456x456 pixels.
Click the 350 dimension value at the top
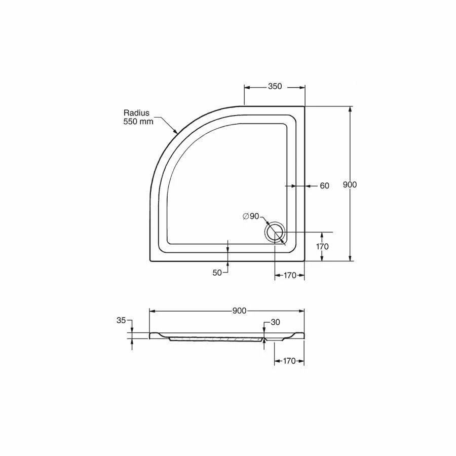click(x=274, y=87)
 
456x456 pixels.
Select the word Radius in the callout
click(x=136, y=113)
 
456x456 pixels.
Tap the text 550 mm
click(x=138, y=122)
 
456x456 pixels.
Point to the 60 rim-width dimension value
click(x=324, y=186)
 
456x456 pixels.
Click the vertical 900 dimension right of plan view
click(x=350, y=185)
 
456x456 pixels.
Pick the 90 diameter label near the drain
click(x=254, y=216)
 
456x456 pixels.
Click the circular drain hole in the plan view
click(x=275, y=232)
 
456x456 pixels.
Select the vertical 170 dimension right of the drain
click(x=322, y=247)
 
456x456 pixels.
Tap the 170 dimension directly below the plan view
click(x=289, y=276)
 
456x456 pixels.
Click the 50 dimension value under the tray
click(x=217, y=273)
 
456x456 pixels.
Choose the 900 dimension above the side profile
click(x=239, y=311)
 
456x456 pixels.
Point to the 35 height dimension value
click(x=121, y=320)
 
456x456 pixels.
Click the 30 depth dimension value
click(x=275, y=322)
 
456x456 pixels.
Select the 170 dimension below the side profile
click(x=289, y=361)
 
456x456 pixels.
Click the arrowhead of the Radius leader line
click(x=175, y=133)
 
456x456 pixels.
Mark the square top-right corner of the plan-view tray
click(x=304, y=106)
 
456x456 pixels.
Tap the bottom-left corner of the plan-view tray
click(x=150, y=261)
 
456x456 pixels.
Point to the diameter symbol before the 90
click(x=245, y=216)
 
